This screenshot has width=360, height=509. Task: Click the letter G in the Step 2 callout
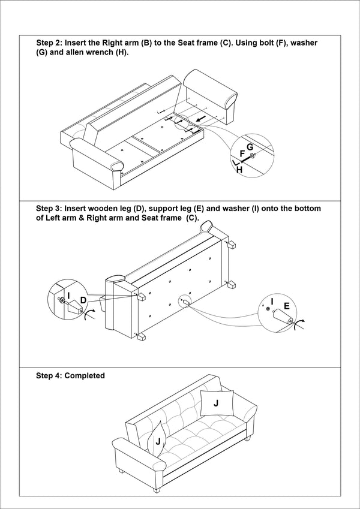tap(250, 147)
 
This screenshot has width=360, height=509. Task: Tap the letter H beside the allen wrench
tap(239, 170)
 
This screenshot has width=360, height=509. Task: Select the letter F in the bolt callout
tap(242, 154)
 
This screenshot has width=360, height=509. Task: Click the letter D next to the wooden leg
tap(83, 299)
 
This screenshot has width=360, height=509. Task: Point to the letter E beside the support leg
tap(287, 306)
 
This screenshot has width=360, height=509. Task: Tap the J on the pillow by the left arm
tap(157, 441)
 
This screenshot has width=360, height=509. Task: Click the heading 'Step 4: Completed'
tap(70, 376)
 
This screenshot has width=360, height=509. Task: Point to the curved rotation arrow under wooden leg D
tap(90, 315)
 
